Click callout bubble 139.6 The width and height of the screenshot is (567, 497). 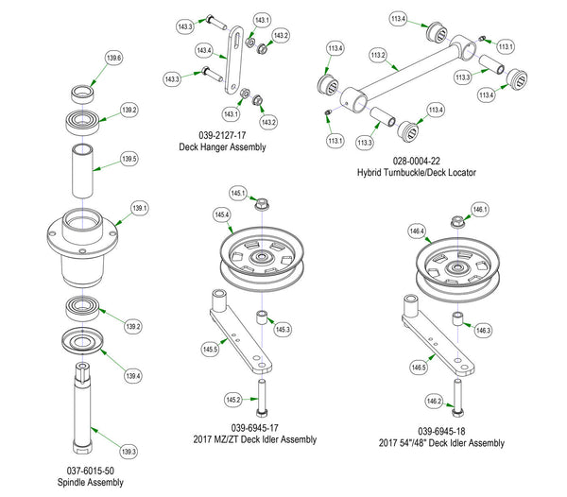click(114, 60)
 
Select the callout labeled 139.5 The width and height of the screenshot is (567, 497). click(129, 159)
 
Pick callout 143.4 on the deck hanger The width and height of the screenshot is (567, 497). click(203, 50)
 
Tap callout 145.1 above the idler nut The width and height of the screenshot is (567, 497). click(236, 194)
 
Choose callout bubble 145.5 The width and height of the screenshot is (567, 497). click(210, 350)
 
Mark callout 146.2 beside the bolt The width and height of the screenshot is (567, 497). click(433, 401)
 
